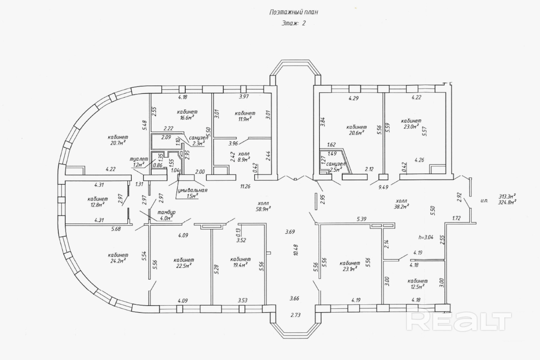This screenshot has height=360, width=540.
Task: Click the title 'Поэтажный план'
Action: tap(293, 12)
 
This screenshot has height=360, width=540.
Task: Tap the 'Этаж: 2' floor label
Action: tap(293, 23)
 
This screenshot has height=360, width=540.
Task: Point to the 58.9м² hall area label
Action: tap(263, 209)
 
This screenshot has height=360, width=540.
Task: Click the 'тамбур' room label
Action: tap(166, 213)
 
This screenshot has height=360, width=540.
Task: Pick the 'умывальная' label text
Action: tap(192, 190)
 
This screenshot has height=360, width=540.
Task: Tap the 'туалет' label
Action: tap(139, 159)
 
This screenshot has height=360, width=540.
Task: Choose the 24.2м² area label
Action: tap(118, 261)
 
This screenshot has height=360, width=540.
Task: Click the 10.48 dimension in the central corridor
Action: tap(296, 250)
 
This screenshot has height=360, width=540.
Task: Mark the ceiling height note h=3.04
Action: tap(426, 237)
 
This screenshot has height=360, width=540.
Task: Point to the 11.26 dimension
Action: tap(245, 186)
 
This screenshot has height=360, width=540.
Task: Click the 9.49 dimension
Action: tap(383, 187)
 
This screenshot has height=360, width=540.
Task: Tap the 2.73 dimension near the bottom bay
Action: tap(296, 315)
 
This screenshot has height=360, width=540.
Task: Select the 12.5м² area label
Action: tap(417, 287)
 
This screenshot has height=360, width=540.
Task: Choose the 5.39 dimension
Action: tap(361, 219)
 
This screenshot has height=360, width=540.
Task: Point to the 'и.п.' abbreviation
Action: tap(484, 201)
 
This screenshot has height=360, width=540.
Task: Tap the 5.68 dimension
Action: tap(116, 229)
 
